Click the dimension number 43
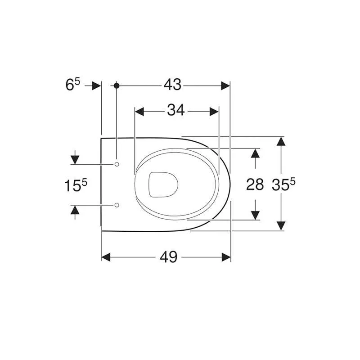click(x=172, y=85)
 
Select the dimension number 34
click(x=176, y=110)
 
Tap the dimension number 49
click(x=169, y=257)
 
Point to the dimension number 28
click(x=255, y=184)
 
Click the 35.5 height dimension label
click(x=283, y=184)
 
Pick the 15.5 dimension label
click(x=76, y=185)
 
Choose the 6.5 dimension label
click(x=73, y=85)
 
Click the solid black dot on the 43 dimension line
click(x=117, y=86)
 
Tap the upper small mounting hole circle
click(x=117, y=164)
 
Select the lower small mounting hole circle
click(x=117, y=205)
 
